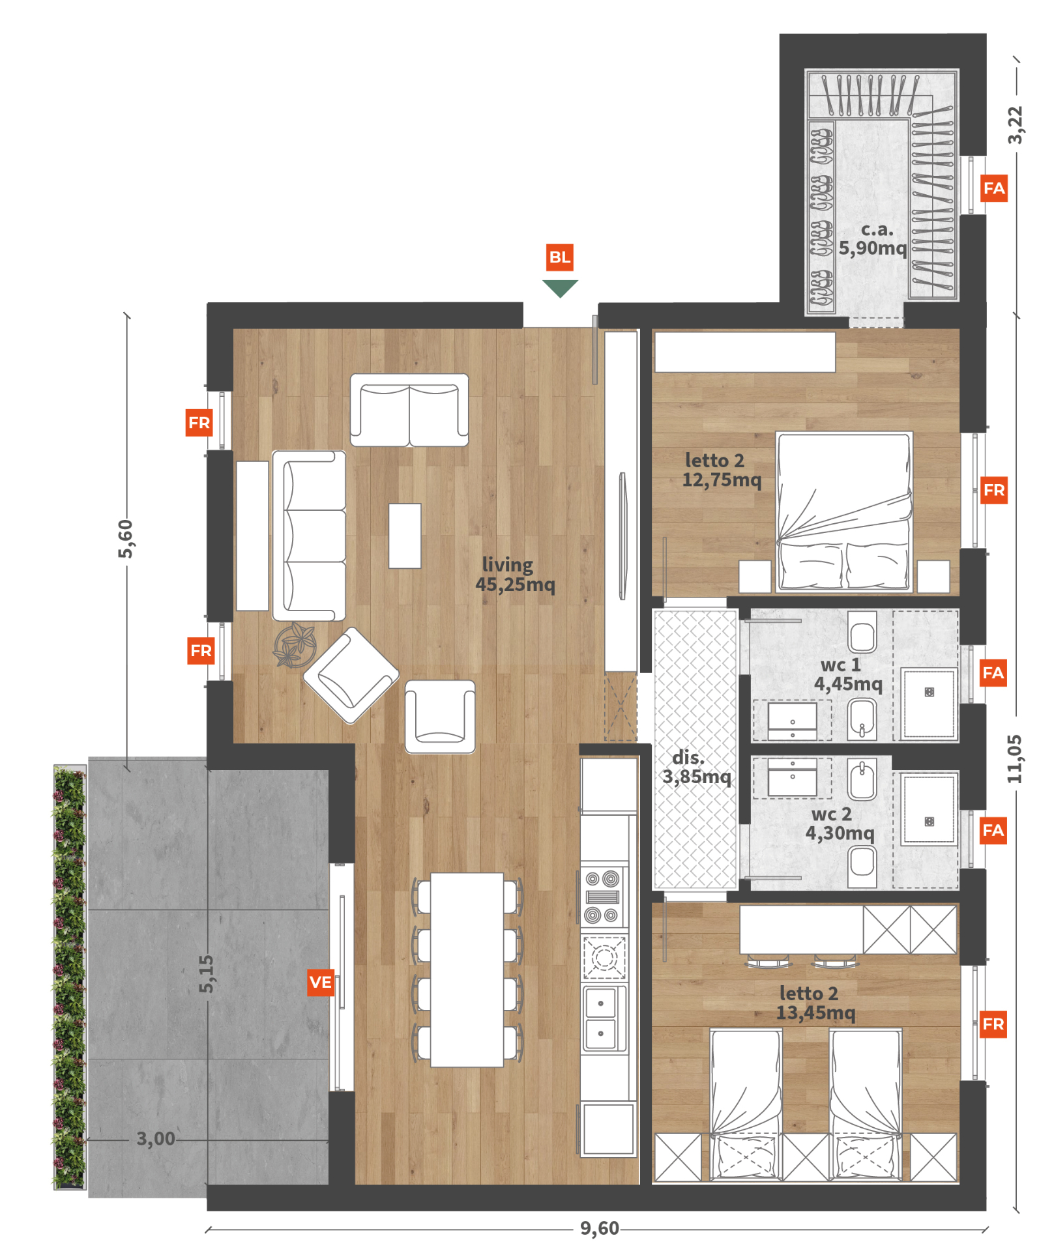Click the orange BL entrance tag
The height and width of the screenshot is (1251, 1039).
coord(560,257)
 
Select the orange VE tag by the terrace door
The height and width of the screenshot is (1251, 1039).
coord(321,983)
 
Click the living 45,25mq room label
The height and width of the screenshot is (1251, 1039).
coord(515,574)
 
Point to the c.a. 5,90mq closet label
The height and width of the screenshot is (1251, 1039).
coord(873,238)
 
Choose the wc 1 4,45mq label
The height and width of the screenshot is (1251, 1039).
coord(847,674)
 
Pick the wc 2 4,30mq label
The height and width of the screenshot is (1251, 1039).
coord(840,824)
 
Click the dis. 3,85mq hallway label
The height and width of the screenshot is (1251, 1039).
coord(696,767)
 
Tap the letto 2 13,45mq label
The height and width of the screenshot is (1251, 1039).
coord(815,1003)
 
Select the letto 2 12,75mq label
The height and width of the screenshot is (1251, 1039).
coord(721,470)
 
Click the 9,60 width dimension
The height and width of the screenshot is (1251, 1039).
coord(600,1228)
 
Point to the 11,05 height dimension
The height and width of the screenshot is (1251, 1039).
coord(1014,759)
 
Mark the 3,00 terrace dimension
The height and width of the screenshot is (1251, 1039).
coord(156,1138)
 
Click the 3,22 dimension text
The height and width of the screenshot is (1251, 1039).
coord(1015,125)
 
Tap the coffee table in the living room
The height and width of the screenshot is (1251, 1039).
coord(405,536)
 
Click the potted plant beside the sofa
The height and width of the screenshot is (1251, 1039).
coord(295,645)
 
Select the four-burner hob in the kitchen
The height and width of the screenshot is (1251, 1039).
coord(602,897)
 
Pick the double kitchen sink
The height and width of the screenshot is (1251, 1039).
coord(603,1018)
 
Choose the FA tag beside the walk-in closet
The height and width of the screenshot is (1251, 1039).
coord(994,188)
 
